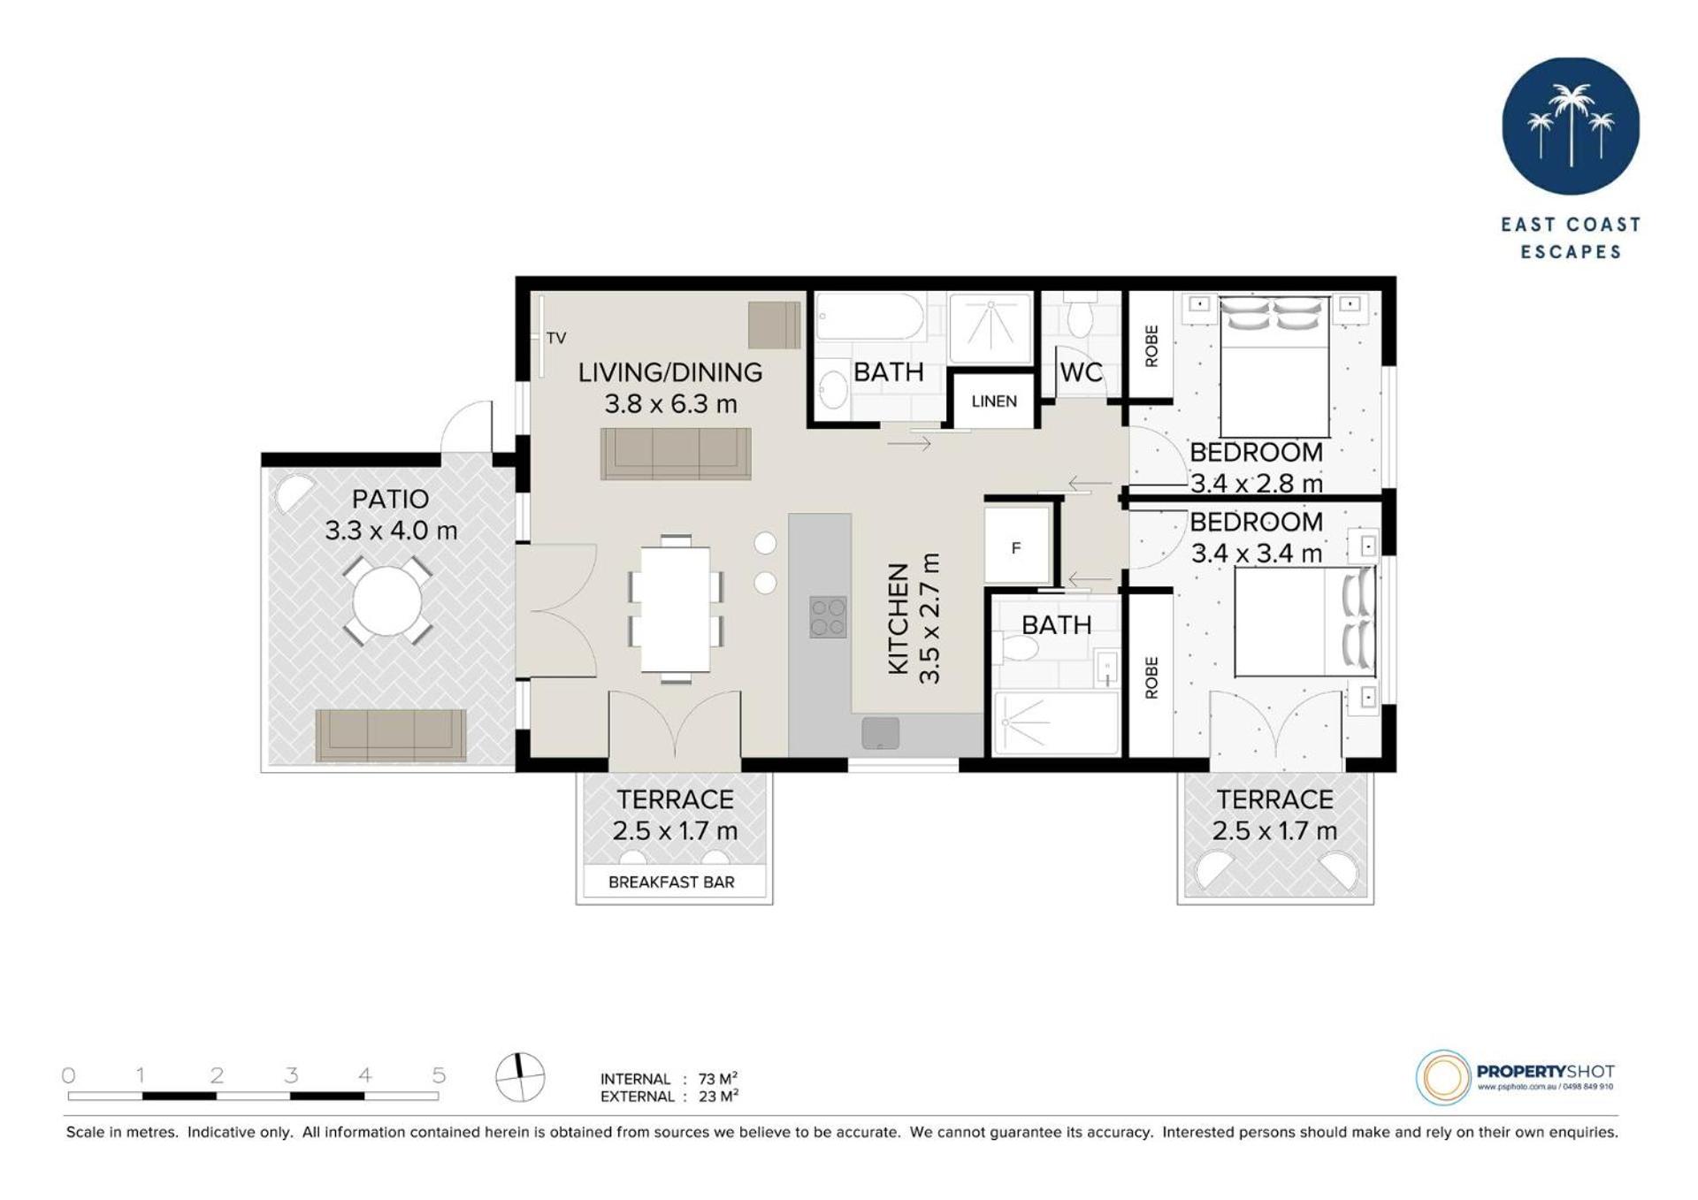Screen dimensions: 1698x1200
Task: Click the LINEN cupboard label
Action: [x=993, y=401]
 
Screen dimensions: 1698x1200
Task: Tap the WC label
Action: [x=1081, y=372]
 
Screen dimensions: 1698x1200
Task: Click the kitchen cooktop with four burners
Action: [x=828, y=616]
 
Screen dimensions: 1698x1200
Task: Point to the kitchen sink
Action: [x=880, y=732]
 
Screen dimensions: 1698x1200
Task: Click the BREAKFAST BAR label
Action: [x=671, y=882]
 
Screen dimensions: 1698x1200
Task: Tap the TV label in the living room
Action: [x=556, y=338]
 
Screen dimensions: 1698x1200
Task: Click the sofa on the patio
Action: [x=391, y=734]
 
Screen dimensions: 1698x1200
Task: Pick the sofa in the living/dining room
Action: [x=676, y=454]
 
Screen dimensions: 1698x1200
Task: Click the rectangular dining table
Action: [x=676, y=609]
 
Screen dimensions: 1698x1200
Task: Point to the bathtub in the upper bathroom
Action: [x=870, y=317]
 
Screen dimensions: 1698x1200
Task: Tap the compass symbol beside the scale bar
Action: [x=520, y=1077]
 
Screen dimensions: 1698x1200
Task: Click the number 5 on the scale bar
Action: [x=439, y=1075]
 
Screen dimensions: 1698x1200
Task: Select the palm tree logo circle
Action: [x=1571, y=126]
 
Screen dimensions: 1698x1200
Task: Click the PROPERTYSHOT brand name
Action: [x=1546, y=1071]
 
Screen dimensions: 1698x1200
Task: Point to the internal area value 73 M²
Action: [x=718, y=1078]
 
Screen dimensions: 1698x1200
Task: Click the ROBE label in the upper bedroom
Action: [x=1151, y=346]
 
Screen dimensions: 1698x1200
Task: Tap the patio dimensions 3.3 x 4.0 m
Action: [x=391, y=531]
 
